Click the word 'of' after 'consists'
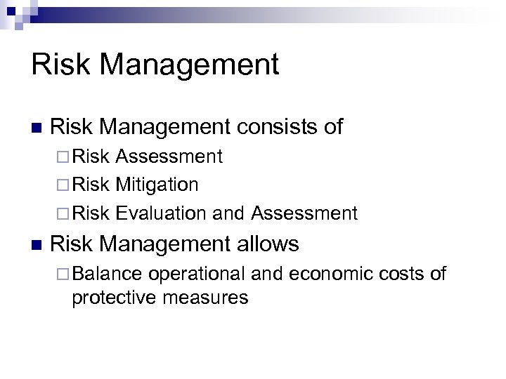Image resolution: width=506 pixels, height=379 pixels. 332,127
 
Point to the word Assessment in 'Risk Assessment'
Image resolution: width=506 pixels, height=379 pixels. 170,157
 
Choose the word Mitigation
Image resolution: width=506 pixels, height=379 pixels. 158,185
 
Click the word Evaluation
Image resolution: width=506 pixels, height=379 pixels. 161,213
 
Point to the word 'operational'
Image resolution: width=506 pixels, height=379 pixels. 204,274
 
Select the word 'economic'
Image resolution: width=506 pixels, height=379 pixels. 316,274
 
